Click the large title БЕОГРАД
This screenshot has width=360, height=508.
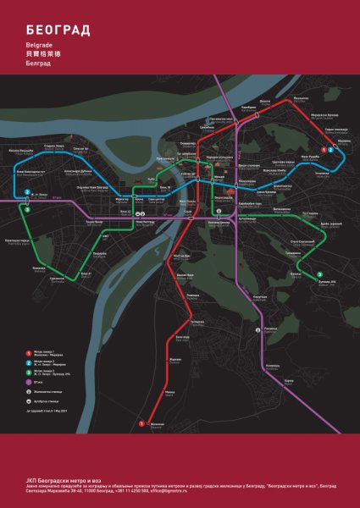(58, 30)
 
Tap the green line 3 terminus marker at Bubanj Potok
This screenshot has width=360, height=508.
(318, 273)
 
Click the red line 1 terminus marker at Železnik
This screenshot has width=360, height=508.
(141, 422)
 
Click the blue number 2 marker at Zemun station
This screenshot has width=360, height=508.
(29, 191)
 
